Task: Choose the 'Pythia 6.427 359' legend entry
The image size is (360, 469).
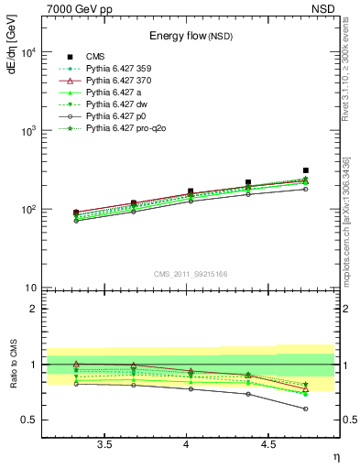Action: click(x=123, y=69)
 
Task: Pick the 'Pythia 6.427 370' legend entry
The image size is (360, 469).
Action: click(x=123, y=81)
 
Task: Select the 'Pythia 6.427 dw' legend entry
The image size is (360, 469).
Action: click(x=122, y=105)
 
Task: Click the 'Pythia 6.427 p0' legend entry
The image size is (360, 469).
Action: click(x=122, y=117)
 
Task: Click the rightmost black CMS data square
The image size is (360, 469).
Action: click(x=306, y=170)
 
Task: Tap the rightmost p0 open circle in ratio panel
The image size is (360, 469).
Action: click(x=306, y=409)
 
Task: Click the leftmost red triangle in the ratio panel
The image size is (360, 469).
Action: click(x=76, y=365)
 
